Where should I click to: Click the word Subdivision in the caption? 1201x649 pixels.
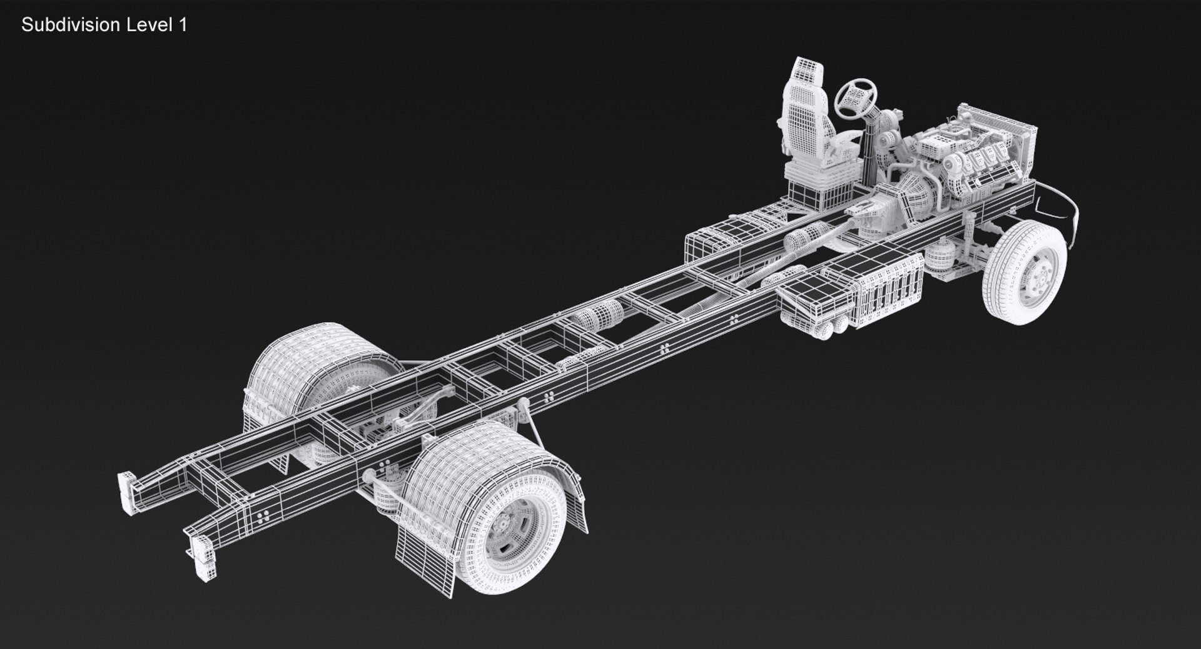point(71,25)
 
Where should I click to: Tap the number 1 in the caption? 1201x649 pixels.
point(183,25)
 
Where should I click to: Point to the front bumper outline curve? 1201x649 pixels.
point(1063,203)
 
